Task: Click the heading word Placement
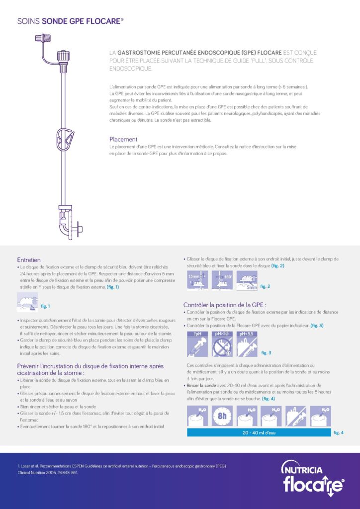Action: [x=123, y=139]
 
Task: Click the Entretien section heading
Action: [x=29, y=259]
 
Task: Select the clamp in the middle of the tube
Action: [x=64, y=139]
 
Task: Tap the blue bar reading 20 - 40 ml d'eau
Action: [x=259, y=432]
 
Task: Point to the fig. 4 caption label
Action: [x=339, y=432]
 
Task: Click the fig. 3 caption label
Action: [x=266, y=352]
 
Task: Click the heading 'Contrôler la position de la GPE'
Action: [x=225, y=304]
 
